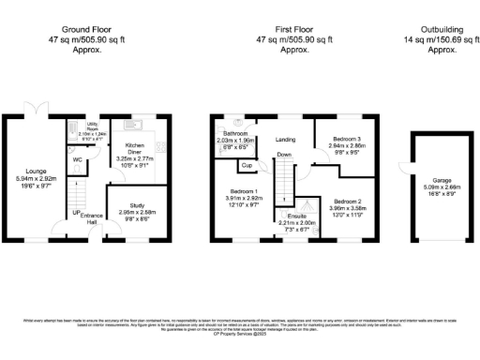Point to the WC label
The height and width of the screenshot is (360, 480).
(79, 159)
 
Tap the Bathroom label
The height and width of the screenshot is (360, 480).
(235, 133)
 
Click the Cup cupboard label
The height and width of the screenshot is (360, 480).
(247, 166)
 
